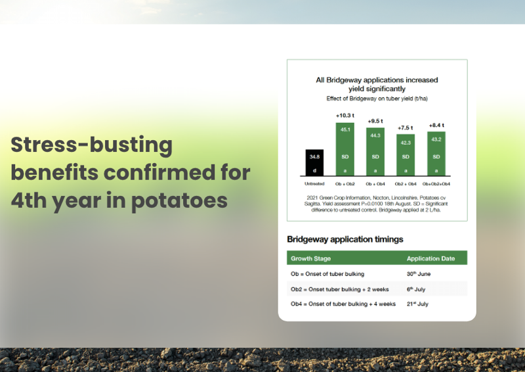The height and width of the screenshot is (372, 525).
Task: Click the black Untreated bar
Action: pyautogui.click(x=314, y=162)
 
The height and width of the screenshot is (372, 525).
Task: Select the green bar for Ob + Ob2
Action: pyautogui.click(x=345, y=149)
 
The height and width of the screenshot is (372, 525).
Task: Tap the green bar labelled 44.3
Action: pyautogui.click(x=375, y=152)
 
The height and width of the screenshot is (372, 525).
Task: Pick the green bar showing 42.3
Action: pyautogui.click(x=406, y=155)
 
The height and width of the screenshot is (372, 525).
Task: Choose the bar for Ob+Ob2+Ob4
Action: pyautogui.click(x=436, y=154)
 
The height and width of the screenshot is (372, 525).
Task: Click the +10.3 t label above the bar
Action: pyautogui.click(x=345, y=116)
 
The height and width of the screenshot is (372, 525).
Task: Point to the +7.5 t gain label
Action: pyautogui.click(x=405, y=128)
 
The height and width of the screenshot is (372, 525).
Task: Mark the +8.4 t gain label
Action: pyautogui.click(x=436, y=125)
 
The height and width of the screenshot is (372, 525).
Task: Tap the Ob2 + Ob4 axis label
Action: pyautogui.click(x=406, y=184)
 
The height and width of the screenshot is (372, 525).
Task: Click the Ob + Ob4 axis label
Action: pyautogui.click(x=375, y=184)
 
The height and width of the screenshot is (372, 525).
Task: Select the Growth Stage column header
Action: pyautogui.click(x=310, y=258)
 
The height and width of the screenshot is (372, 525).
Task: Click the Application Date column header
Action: pyautogui.click(x=430, y=258)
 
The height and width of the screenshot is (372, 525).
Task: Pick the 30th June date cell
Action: pyautogui.click(x=419, y=273)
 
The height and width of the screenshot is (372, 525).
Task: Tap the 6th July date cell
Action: pyautogui.click(x=416, y=289)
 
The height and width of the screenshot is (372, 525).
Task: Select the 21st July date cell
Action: pyautogui.click(x=417, y=304)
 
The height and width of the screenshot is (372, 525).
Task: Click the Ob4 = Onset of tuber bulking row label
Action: pyautogui.click(x=343, y=304)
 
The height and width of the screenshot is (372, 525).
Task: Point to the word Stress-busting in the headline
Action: pyautogui.click(x=91, y=145)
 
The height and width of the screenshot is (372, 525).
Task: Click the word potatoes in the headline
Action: pyautogui.click(x=179, y=201)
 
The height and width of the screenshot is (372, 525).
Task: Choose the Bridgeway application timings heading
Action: pyautogui.click(x=345, y=239)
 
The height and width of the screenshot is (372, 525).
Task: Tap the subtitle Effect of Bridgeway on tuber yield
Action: pyautogui.click(x=377, y=99)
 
